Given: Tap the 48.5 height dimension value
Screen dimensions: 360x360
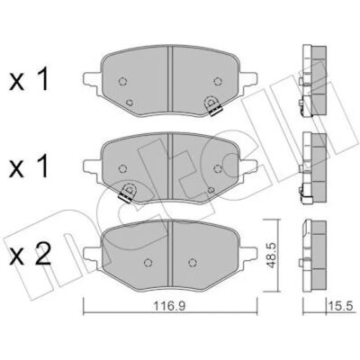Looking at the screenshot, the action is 273,255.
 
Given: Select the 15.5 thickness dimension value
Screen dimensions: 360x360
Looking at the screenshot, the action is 341,306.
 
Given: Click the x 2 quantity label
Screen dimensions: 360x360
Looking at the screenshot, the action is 30,255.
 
